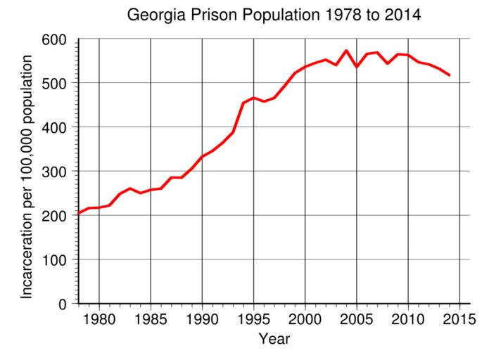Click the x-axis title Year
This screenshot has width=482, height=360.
coord(274,340)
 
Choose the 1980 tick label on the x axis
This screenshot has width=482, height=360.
coord(99,317)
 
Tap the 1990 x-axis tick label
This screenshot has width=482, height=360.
coord(202,317)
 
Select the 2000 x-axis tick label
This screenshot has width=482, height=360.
coord(305,317)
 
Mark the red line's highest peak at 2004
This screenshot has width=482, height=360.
coord(346,51)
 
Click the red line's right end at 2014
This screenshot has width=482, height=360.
coord(449,75)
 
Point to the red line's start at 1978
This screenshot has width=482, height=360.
coord(79,213)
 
